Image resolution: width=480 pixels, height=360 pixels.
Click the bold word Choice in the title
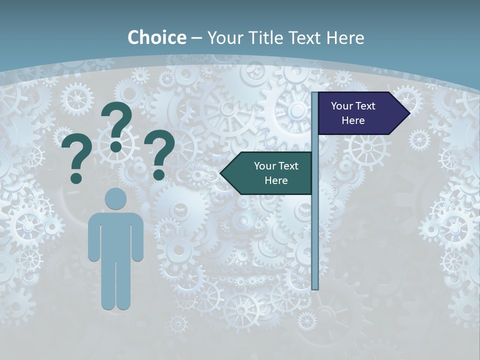pos(156,37)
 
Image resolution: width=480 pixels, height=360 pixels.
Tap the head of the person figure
pos(115,199)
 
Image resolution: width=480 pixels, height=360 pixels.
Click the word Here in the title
pos(345,37)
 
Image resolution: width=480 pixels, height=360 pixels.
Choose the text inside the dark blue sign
pos(353,113)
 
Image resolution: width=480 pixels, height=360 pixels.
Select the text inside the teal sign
pos(275,173)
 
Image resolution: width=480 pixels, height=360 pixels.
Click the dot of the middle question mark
pos(116,146)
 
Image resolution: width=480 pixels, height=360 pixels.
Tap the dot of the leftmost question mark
pos(76,178)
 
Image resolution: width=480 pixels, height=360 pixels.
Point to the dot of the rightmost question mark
pos(158,174)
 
